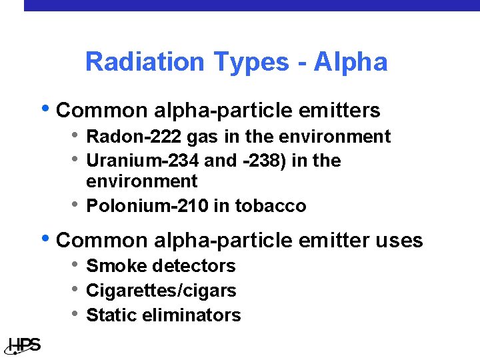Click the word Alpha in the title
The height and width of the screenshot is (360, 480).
351,62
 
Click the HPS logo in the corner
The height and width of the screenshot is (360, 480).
24,345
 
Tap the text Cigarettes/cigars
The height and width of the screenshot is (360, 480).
161,291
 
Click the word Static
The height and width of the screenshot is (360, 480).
110,315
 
